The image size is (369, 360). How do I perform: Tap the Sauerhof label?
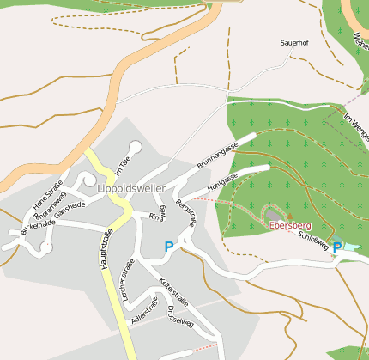tap(293, 41)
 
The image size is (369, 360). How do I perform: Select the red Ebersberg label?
tap(289, 225)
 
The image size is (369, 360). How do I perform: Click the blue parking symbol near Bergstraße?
tap(169, 247)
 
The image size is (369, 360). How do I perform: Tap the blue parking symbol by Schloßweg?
tap(338, 247)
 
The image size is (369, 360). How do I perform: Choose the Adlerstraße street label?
tap(144, 310)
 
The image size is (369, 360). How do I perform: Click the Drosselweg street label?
tap(180, 319)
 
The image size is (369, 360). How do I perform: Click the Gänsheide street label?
tap(70, 210)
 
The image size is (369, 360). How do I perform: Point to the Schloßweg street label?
tap(313, 240)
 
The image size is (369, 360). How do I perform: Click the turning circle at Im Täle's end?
tap(135, 146)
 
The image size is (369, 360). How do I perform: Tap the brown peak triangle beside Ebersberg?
tap(289, 216)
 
